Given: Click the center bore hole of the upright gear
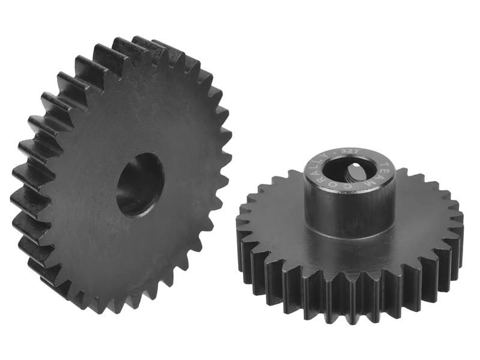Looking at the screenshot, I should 140,184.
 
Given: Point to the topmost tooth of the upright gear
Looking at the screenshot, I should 144,44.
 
